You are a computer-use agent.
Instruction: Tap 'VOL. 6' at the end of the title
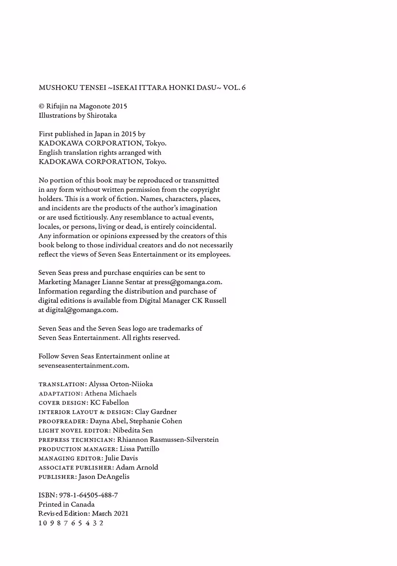(234, 88)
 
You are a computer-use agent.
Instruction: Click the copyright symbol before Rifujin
(41, 106)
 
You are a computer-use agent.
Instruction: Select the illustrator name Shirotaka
(102, 115)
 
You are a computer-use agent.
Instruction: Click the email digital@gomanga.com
(82, 310)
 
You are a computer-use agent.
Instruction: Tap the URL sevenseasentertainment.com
(83, 366)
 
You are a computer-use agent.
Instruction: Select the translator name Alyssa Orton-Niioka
(121, 384)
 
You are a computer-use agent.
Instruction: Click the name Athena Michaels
(111, 393)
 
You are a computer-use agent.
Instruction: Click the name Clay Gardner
(156, 412)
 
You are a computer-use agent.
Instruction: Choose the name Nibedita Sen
(133, 430)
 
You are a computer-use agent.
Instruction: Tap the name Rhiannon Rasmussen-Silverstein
(168, 440)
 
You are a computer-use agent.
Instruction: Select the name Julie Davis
(121, 458)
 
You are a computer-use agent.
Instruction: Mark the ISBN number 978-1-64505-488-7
(88, 495)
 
